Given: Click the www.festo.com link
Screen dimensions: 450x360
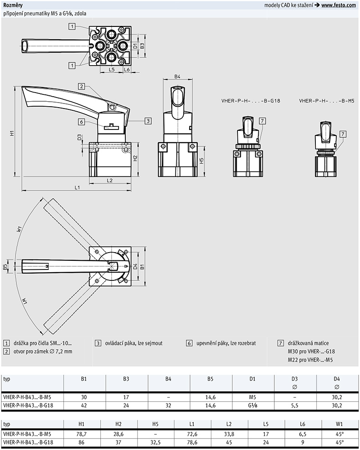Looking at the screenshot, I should [338, 5].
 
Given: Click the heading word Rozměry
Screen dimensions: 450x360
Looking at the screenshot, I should [13, 5].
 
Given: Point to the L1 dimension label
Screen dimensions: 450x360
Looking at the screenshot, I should [77, 188].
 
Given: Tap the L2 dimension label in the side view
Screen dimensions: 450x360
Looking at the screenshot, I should [110, 181].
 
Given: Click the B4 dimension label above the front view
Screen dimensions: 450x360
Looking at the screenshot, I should [178, 77].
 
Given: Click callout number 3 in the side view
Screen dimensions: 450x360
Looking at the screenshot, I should [148, 121].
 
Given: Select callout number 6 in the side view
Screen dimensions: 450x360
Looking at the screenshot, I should [81, 122].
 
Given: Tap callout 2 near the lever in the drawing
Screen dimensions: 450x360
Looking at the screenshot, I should [81, 86].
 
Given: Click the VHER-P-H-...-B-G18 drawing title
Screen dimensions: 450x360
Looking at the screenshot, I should [244, 101].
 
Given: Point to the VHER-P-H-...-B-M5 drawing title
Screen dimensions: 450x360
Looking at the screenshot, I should [327, 101].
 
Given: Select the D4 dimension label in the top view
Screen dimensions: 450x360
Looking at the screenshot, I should [135, 266].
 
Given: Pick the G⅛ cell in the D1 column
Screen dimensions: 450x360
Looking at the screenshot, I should [253, 405].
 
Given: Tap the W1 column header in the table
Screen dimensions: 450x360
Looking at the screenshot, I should [338, 424].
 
